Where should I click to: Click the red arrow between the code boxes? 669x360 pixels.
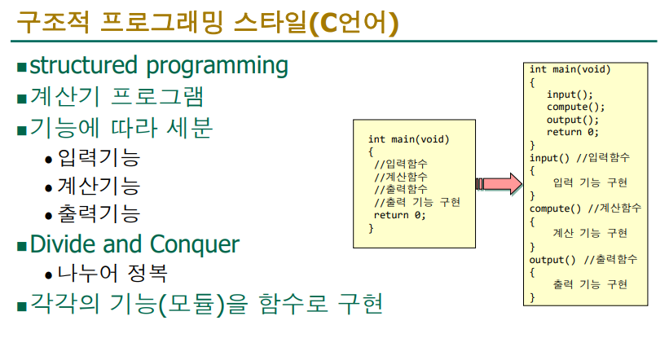click(499, 184)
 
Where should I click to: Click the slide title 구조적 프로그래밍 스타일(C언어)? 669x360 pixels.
click(207, 22)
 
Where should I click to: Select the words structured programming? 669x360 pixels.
click(159, 66)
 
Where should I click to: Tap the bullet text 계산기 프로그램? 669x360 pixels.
click(117, 96)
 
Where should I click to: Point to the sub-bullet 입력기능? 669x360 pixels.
click(99, 158)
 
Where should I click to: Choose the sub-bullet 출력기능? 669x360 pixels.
click(99, 214)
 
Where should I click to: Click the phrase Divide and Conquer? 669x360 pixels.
click(134, 244)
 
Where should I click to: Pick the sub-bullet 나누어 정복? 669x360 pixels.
click(112, 273)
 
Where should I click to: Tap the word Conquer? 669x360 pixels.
click(195, 244)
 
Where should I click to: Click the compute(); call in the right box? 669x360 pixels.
click(575, 107)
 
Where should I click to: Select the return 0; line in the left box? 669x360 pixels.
click(400, 215)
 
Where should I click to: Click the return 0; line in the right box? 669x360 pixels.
click(573, 132)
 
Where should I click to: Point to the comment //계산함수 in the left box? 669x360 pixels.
click(401, 177)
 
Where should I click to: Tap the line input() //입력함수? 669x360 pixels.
click(579, 158)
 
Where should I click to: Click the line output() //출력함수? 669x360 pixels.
click(583, 259)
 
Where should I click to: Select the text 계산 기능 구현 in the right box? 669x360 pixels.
click(590, 233)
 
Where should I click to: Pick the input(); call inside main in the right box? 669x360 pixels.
click(570, 94)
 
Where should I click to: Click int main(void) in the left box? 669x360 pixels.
click(409, 139)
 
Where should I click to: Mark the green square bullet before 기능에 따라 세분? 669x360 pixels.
click(22, 130)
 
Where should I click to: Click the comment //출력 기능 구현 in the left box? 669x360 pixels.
click(417, 202)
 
